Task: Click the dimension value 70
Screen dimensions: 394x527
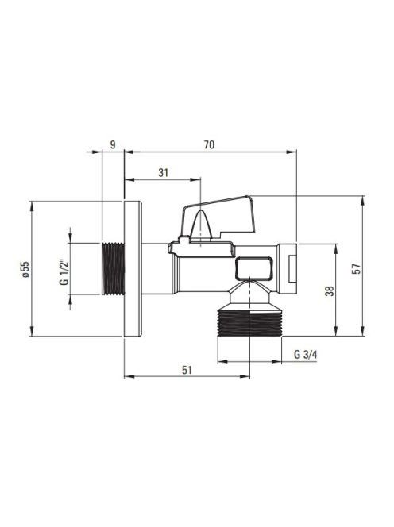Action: tap(209, 145)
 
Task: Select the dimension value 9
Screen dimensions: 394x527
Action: tap(113, 145)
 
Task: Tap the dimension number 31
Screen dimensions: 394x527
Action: tap(163, 173)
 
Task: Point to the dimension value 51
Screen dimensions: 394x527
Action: tap(187, 370)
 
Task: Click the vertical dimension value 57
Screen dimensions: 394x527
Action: tap(357, 269)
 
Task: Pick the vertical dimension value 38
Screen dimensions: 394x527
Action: tap(330, 290)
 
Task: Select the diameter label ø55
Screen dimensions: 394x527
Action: tap(26, 269)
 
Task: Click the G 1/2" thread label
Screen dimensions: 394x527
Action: tap(64, 272)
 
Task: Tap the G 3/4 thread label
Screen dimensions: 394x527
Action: tap(306, 354)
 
